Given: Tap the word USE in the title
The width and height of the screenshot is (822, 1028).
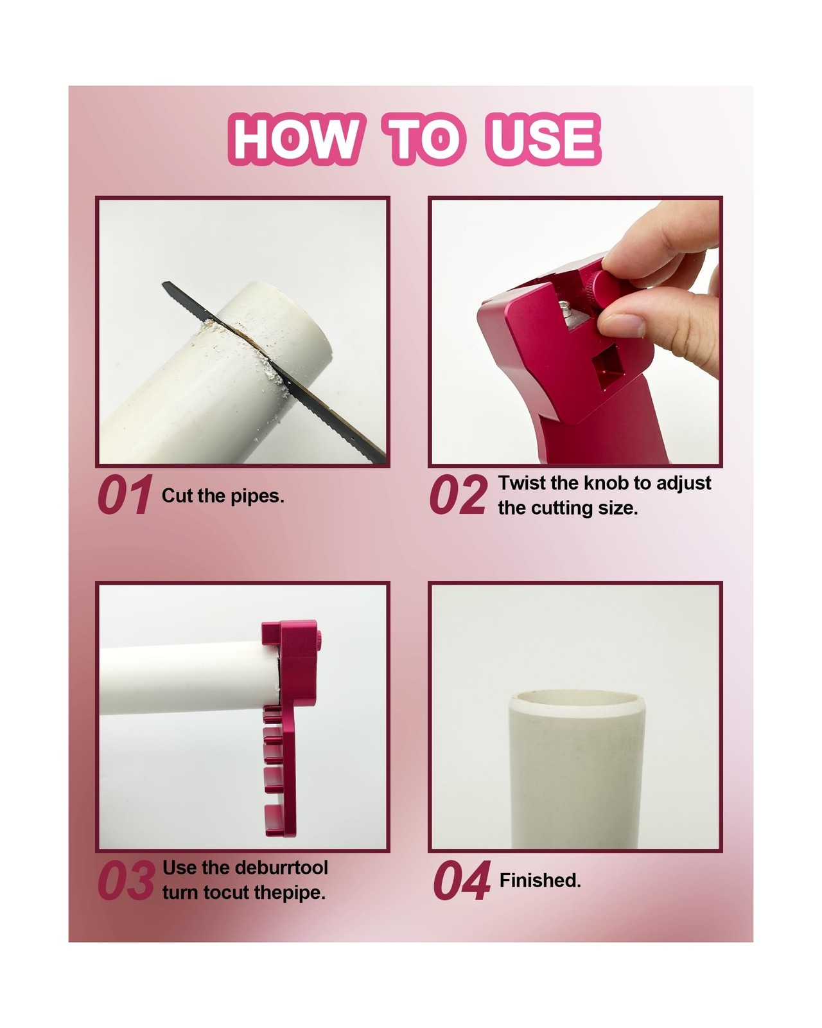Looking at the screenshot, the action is [x=543, y=139].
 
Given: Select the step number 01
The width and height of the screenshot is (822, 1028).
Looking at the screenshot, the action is [x=125, y=495].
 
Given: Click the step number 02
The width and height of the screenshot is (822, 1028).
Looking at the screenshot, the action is [x=459, y=495].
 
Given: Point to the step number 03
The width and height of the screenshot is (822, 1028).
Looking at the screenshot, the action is [x=127, y=880].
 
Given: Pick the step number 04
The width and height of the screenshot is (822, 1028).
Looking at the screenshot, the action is [x=462, y=880].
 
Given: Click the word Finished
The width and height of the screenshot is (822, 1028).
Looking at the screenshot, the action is [x=540, y=880].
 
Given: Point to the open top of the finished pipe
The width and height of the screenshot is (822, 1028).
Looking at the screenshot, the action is [x=577, y=703].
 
